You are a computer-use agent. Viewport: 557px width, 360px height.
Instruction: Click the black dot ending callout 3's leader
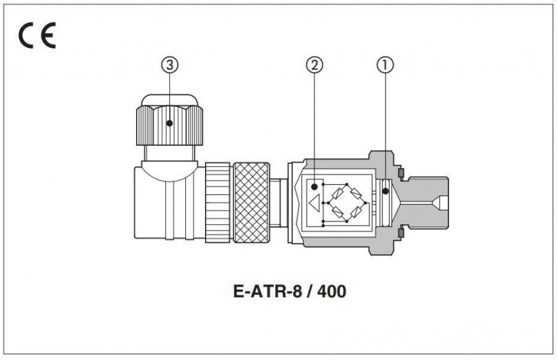(170, 123)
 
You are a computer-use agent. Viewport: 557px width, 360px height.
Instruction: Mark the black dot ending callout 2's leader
(314, 187)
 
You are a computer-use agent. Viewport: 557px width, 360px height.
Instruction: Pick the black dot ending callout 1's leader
(386, 191)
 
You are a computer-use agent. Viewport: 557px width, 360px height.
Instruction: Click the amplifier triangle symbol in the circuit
(314, 205)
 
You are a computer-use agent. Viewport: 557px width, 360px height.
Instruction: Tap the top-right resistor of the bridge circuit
(356, 193)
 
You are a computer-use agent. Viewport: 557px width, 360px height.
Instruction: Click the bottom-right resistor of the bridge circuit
(356, 212)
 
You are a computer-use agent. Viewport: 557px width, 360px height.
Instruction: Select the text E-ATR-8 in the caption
(261, 292)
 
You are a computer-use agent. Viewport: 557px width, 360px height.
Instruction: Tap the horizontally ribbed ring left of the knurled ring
(218, 203)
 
